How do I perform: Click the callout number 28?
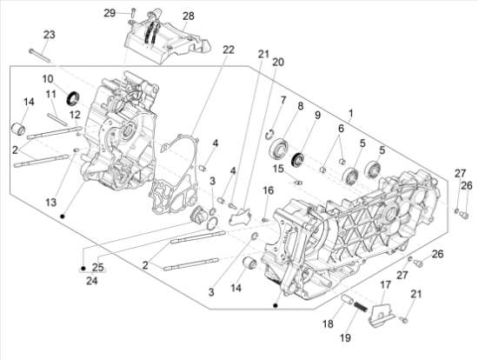point(189,17)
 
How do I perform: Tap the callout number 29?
point(133,13)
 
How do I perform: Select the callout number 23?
point(49,35)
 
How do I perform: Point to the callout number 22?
point(228,50)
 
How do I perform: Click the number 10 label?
point(48,79)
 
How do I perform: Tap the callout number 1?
point(351,114)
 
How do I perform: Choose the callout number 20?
point(278,63)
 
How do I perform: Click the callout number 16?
point(269,190)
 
